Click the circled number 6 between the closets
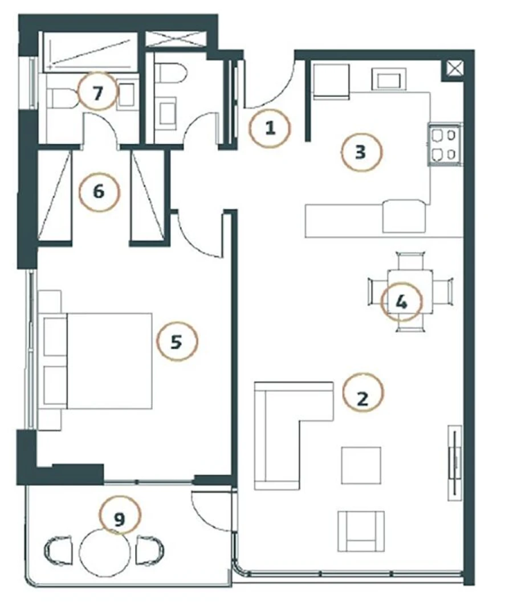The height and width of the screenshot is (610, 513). [x=99, y=192]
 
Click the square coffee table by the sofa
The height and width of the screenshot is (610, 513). [x=361, y=465]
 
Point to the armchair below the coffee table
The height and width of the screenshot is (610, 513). [x=361, y=531]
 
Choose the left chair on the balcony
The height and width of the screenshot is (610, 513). [x=59, y=550]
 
